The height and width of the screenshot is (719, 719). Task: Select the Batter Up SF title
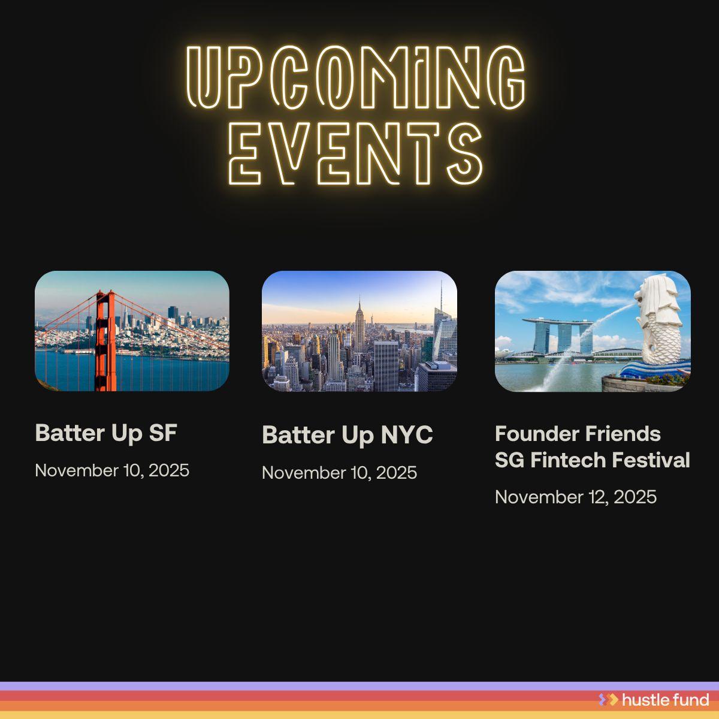click(x=106, y=433)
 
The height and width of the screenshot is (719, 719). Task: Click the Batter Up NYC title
click(x=347, y=435)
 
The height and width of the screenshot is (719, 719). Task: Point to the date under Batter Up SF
click(x=112, y=470)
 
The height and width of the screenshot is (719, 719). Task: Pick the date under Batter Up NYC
click(x=339, y=473)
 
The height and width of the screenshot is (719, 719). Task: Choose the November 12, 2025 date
click(x=575, y=497)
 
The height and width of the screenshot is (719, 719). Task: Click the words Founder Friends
click(x=578, y=433)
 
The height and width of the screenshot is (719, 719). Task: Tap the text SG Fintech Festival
click(x=592, y=460)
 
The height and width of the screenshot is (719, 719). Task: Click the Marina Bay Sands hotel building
click(x=557, y=336)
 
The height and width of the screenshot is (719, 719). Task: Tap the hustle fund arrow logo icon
click(x=608, y=699)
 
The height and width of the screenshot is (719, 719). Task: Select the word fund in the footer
click(x=693, y=699)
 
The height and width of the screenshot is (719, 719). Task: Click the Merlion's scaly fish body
click(x=662, y=342)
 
